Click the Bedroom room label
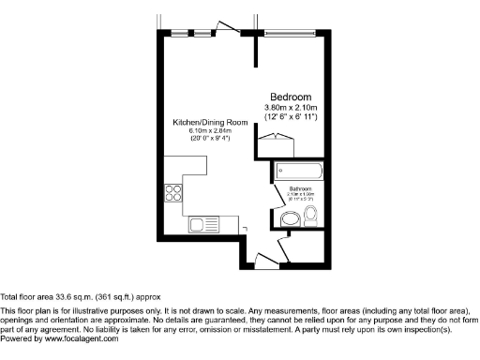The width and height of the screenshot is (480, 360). tap(292, 97)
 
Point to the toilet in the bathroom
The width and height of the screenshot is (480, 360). tap(312, 217)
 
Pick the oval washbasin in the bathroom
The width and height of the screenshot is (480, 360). tap(292, 219)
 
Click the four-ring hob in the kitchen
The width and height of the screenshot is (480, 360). tap(174, 194)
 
